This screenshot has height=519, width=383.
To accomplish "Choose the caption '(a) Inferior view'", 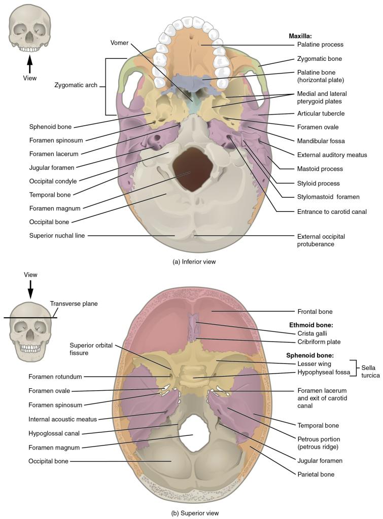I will point(190,262).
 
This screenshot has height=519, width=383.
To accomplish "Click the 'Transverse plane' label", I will point(74,304).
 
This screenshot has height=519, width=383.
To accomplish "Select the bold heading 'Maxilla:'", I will point(300,36).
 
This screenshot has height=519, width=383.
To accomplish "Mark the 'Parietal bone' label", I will point(316,474).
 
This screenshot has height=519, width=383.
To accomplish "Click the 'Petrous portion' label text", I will point(318,439).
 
